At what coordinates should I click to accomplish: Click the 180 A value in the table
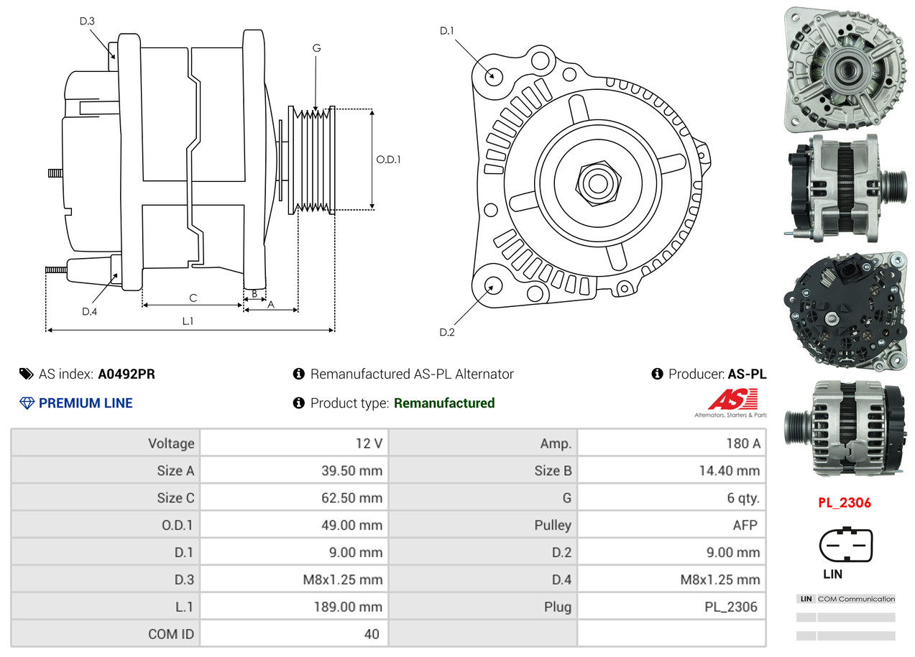click(x=742, y=444)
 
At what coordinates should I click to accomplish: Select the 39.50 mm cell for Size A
click(x=351, y=471)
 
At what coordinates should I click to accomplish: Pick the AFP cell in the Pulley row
click(x=745, y=525)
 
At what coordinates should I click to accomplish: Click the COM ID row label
click(x=171, y=634)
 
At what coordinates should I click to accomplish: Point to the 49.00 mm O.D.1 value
click(x=351, y=525)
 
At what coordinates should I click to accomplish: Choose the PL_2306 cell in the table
click(x=731, y=607)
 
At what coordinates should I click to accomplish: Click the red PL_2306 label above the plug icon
click(x=844, y=502)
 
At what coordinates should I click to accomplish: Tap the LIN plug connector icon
click(x=846, y=546)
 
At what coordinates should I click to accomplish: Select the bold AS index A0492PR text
click(x=127, y=374)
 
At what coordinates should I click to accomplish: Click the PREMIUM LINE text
click(x=86, y=403)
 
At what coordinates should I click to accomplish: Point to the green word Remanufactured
click(x=444, y=403)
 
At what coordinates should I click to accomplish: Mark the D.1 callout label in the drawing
click(x=447, y=31)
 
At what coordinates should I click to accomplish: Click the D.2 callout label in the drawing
click(x=447, y=332)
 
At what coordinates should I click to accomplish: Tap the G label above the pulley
click(x=316, y=48)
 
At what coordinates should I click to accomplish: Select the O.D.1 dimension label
click(x=388, y=160)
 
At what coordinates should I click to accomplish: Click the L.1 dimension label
click(x=188, y=321)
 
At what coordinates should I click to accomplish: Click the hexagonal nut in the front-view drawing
click(x=596, y=183)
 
